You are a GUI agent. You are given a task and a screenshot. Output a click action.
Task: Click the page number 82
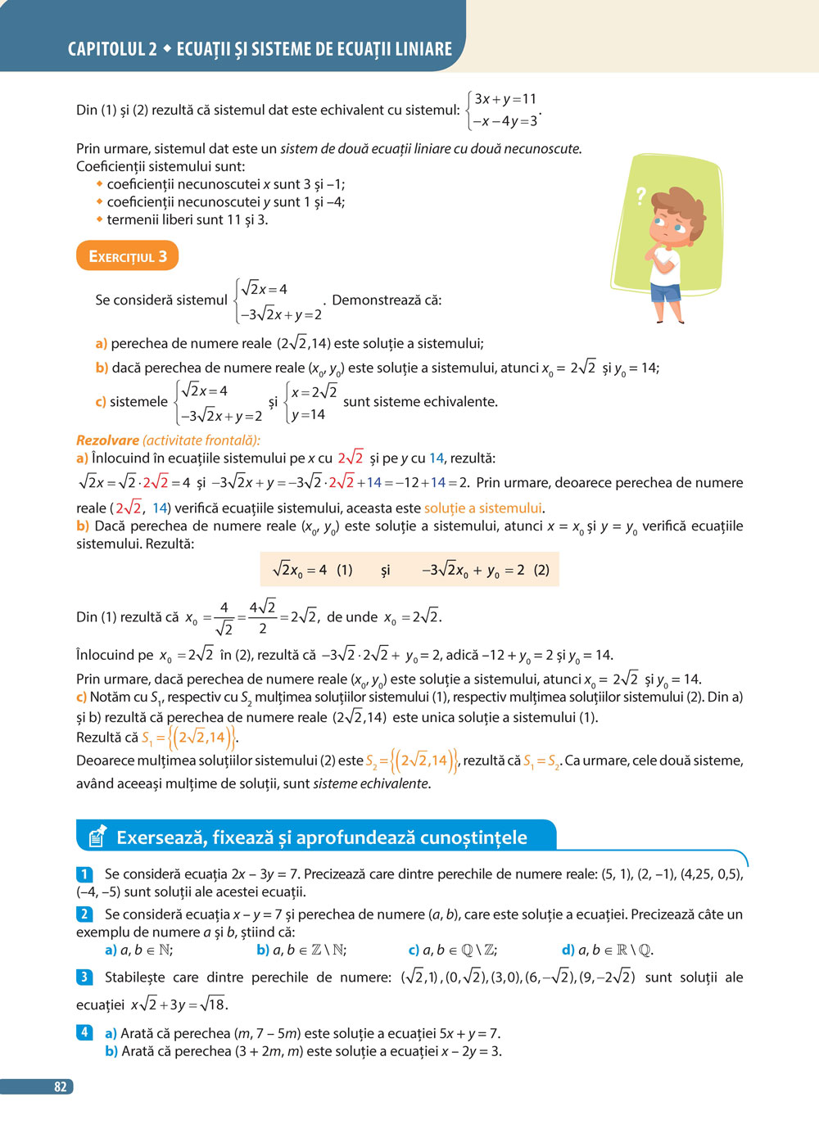point(60,1086)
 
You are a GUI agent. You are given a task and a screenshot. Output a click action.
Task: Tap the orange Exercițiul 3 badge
point(127,256)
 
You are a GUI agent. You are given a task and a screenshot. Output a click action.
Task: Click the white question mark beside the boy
point(640,196)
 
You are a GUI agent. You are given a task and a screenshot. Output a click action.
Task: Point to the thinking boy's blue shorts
point(666,292)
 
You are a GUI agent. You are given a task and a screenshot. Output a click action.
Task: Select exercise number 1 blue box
point(84,874)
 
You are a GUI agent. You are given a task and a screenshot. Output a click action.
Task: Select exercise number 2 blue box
point(84,914)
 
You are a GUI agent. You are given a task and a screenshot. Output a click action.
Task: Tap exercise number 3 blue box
point(84,977)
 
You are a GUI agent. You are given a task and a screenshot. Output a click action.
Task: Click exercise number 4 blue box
point(84,1032)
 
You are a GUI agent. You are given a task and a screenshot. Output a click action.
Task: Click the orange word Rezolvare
point(107,440)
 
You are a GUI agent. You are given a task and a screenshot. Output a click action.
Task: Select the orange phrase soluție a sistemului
point(483,508)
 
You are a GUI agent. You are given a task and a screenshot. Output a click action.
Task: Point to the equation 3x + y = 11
point(505,99)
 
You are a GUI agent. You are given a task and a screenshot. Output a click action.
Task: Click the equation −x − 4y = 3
point(505,121)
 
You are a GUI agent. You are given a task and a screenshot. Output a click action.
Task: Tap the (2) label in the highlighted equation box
point(541,570)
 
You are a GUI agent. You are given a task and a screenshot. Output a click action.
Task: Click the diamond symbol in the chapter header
point(167,49)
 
